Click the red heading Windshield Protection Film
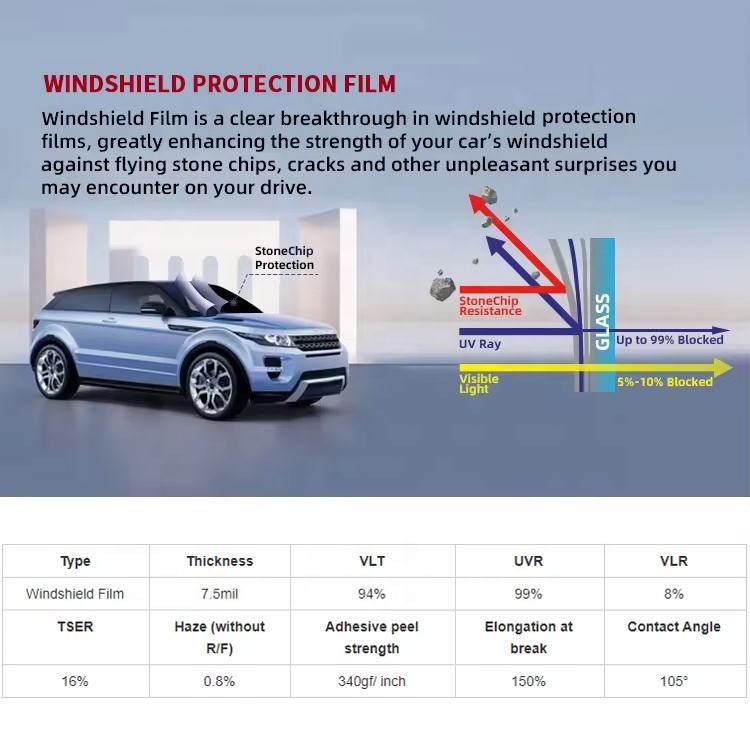[x=220, y=84]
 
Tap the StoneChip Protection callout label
[x=284, y=258]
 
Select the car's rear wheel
[x=50, y=372]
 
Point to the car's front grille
[x=316, y=342]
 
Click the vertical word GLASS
[x=602, y=321]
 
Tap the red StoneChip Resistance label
[x=490, y=306]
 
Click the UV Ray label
[x=480, y=343]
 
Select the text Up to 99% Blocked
[x=669, y=340]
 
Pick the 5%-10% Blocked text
[x=664, y=382]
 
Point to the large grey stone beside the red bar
[x=442, y=287]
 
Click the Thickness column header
[x=220, y=561]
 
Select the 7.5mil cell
[x=220, y=594]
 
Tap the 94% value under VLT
[x=372, y=594]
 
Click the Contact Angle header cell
[x=673, y=627]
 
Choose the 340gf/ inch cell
[x=372, y=681]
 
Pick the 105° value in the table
[x=673, y=681]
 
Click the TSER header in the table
[x=75, y=627]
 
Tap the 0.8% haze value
[x=219, y=681]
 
